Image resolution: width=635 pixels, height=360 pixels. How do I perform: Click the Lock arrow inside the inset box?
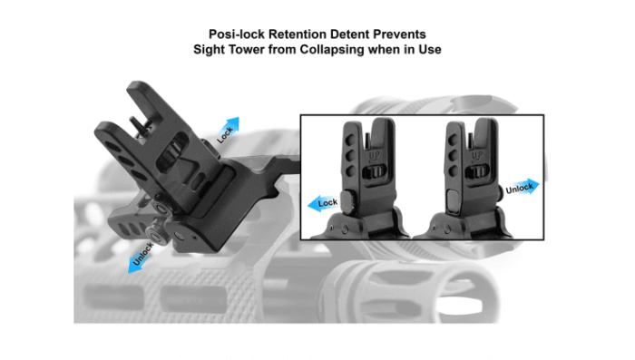pyautogui.click(x=323, y=203)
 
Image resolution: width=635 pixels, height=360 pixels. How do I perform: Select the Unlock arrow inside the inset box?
pyautogui.click(x=523, y=187)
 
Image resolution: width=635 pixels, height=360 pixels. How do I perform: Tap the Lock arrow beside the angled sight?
pyautogui.click(x=228, y=131)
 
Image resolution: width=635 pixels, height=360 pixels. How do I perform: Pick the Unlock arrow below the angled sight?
pyautogui.click(x=142, y=258)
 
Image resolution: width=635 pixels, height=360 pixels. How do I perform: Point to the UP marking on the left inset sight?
pyautogui.click(x=373, y=155)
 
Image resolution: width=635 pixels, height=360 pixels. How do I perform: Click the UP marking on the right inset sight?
pyautogui.click(x=476, y=155)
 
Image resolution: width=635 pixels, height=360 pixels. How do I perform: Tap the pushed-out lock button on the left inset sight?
pyautogui.click(x=347, y=201)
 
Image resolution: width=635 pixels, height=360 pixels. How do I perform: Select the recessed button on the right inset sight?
pyautogui.click(x=453, y=200)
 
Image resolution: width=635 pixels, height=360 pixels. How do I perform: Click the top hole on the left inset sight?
pyautogui.click(x=351, y=141)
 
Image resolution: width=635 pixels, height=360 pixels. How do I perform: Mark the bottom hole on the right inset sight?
pyautogui.click(x=454, y=170)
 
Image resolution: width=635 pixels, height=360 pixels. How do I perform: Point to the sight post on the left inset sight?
pyautogui.click(x=366, y=141)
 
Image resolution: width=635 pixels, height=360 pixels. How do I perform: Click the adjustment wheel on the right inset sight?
pyautogui.click(x=476, y=172)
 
